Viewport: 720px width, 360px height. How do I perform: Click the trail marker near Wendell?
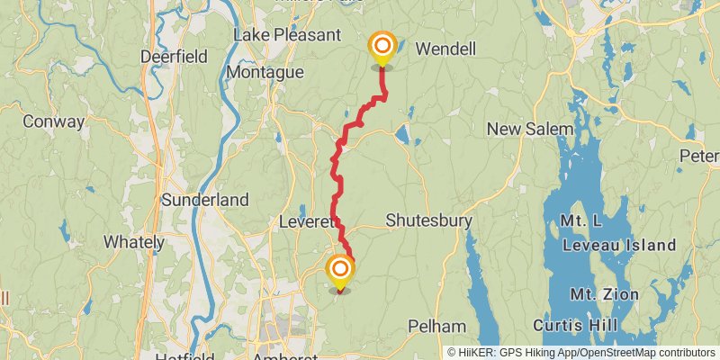(x=382, y=47)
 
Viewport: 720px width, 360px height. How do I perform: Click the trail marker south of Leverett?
(x=340, y=270)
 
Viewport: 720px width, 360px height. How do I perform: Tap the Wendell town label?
(x=445, y=48)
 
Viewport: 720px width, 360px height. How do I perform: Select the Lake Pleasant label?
(x=286, y=35)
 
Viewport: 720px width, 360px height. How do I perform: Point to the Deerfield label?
(x=174, y=57)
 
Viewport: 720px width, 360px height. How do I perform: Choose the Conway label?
(x=53, y=121)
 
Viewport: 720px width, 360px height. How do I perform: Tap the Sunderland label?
(x=204, y=200)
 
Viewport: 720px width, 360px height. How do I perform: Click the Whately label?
(x=134, y=242)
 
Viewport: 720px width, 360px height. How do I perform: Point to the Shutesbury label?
(x=423, y=220)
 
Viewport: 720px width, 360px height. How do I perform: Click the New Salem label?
(x=529, y=130)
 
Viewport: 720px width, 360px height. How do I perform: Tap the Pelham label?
(x=436, y=326)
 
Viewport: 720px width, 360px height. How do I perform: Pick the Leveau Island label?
(x=619, y=245)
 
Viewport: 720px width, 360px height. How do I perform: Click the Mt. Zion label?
(x=603, y=293)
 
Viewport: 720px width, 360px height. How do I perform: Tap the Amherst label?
(x=284, y=356)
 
